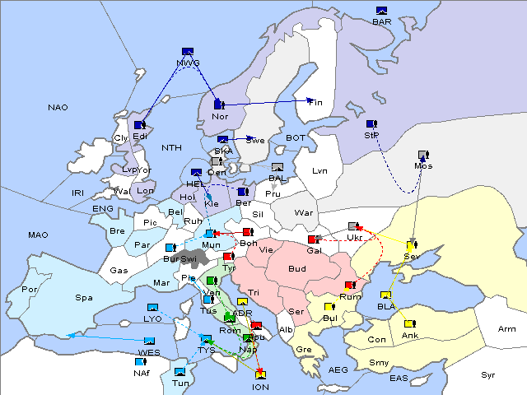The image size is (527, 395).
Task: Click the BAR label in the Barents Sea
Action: [x=382, y=22]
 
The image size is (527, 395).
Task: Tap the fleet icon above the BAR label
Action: [x=381, y=11]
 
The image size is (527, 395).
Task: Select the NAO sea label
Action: [x=58, y=108]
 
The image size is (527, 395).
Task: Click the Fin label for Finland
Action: [x=316, y=103]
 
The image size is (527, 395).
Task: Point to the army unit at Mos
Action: [x=423, y=155]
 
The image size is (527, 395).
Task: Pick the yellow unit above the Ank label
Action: [x=408, y=323]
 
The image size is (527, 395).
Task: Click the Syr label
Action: [x=489, y=374]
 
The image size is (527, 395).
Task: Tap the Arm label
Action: [x=507, y=329]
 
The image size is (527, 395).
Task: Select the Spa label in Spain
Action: [x=83, y=297]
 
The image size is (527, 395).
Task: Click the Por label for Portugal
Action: [x=30, y=290]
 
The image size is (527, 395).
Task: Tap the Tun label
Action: [x=180, y=383]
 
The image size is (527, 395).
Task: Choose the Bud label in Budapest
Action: [x=296, y=269]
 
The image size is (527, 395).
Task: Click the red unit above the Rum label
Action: [x=350, y=286]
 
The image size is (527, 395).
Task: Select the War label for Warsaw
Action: [x=305, y=212]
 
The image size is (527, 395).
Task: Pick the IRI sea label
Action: [x=78, y=193]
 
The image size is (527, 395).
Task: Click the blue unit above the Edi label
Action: [x=140, y=125]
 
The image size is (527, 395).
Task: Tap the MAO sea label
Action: [x=38, y=235]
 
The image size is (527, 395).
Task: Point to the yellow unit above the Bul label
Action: [x=329, y=307]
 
